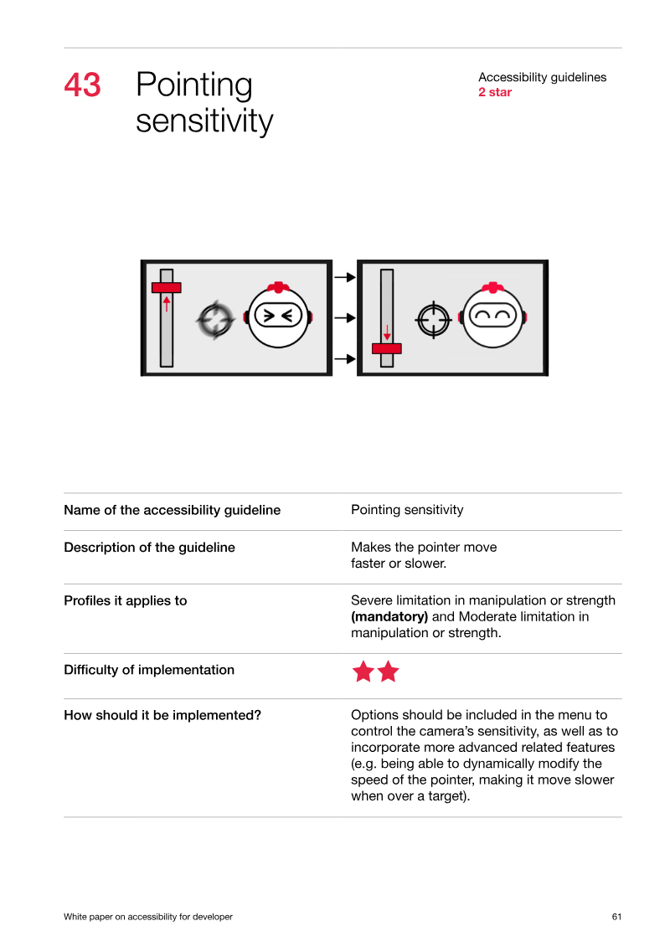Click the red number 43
coord(82,85)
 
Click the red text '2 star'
coord(495,92)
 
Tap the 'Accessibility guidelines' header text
coord(542,77)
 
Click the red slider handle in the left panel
coord(166,287)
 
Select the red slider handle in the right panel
coord(387,348)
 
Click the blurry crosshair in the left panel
coord(215,320)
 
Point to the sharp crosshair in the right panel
coord(433,320)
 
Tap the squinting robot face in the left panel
coord(278,315)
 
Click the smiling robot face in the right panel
coord(493,315)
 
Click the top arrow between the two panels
coord(345,277)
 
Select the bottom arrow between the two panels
coord(345,358)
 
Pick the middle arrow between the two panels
coord(345,317)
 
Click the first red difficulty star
coord(363,671)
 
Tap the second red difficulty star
coord(388,671)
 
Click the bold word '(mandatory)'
coord(389,616)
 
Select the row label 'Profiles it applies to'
coord(126,601)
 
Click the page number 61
coord(617,917)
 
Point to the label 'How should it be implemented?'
coord(162,715)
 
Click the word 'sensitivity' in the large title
coord(205,121)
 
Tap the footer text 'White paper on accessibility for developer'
coord(148,917)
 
